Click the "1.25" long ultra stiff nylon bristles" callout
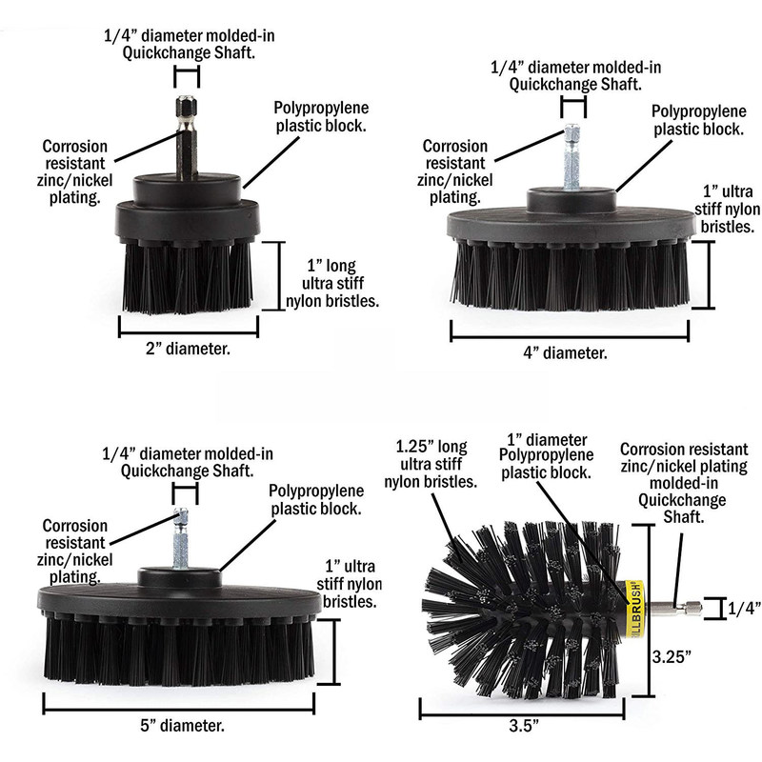tap(433, 464)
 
